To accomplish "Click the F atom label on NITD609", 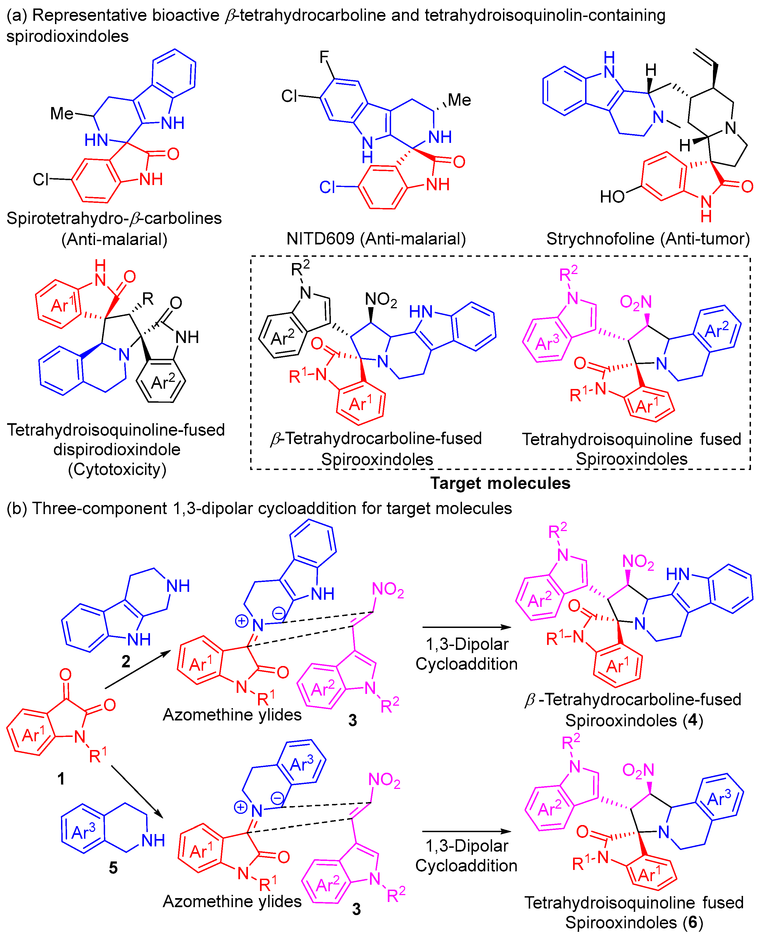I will tap(324, 57).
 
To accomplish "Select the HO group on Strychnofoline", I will tap(612, 197).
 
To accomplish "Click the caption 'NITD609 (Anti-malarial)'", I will tap(376, 239).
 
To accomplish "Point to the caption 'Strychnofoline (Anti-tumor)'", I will tap(648, 239).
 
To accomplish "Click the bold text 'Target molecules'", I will tap(500, 483).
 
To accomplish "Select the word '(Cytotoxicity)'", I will tap(117, 469).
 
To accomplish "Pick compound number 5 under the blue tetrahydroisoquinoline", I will tap(113, 867).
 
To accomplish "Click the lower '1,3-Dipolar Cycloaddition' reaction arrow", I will tap(466, 831).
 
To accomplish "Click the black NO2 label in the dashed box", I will tap(381, 299).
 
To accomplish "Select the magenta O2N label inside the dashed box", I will tap(636, 302).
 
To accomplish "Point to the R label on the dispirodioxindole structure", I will tap(148, 299).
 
